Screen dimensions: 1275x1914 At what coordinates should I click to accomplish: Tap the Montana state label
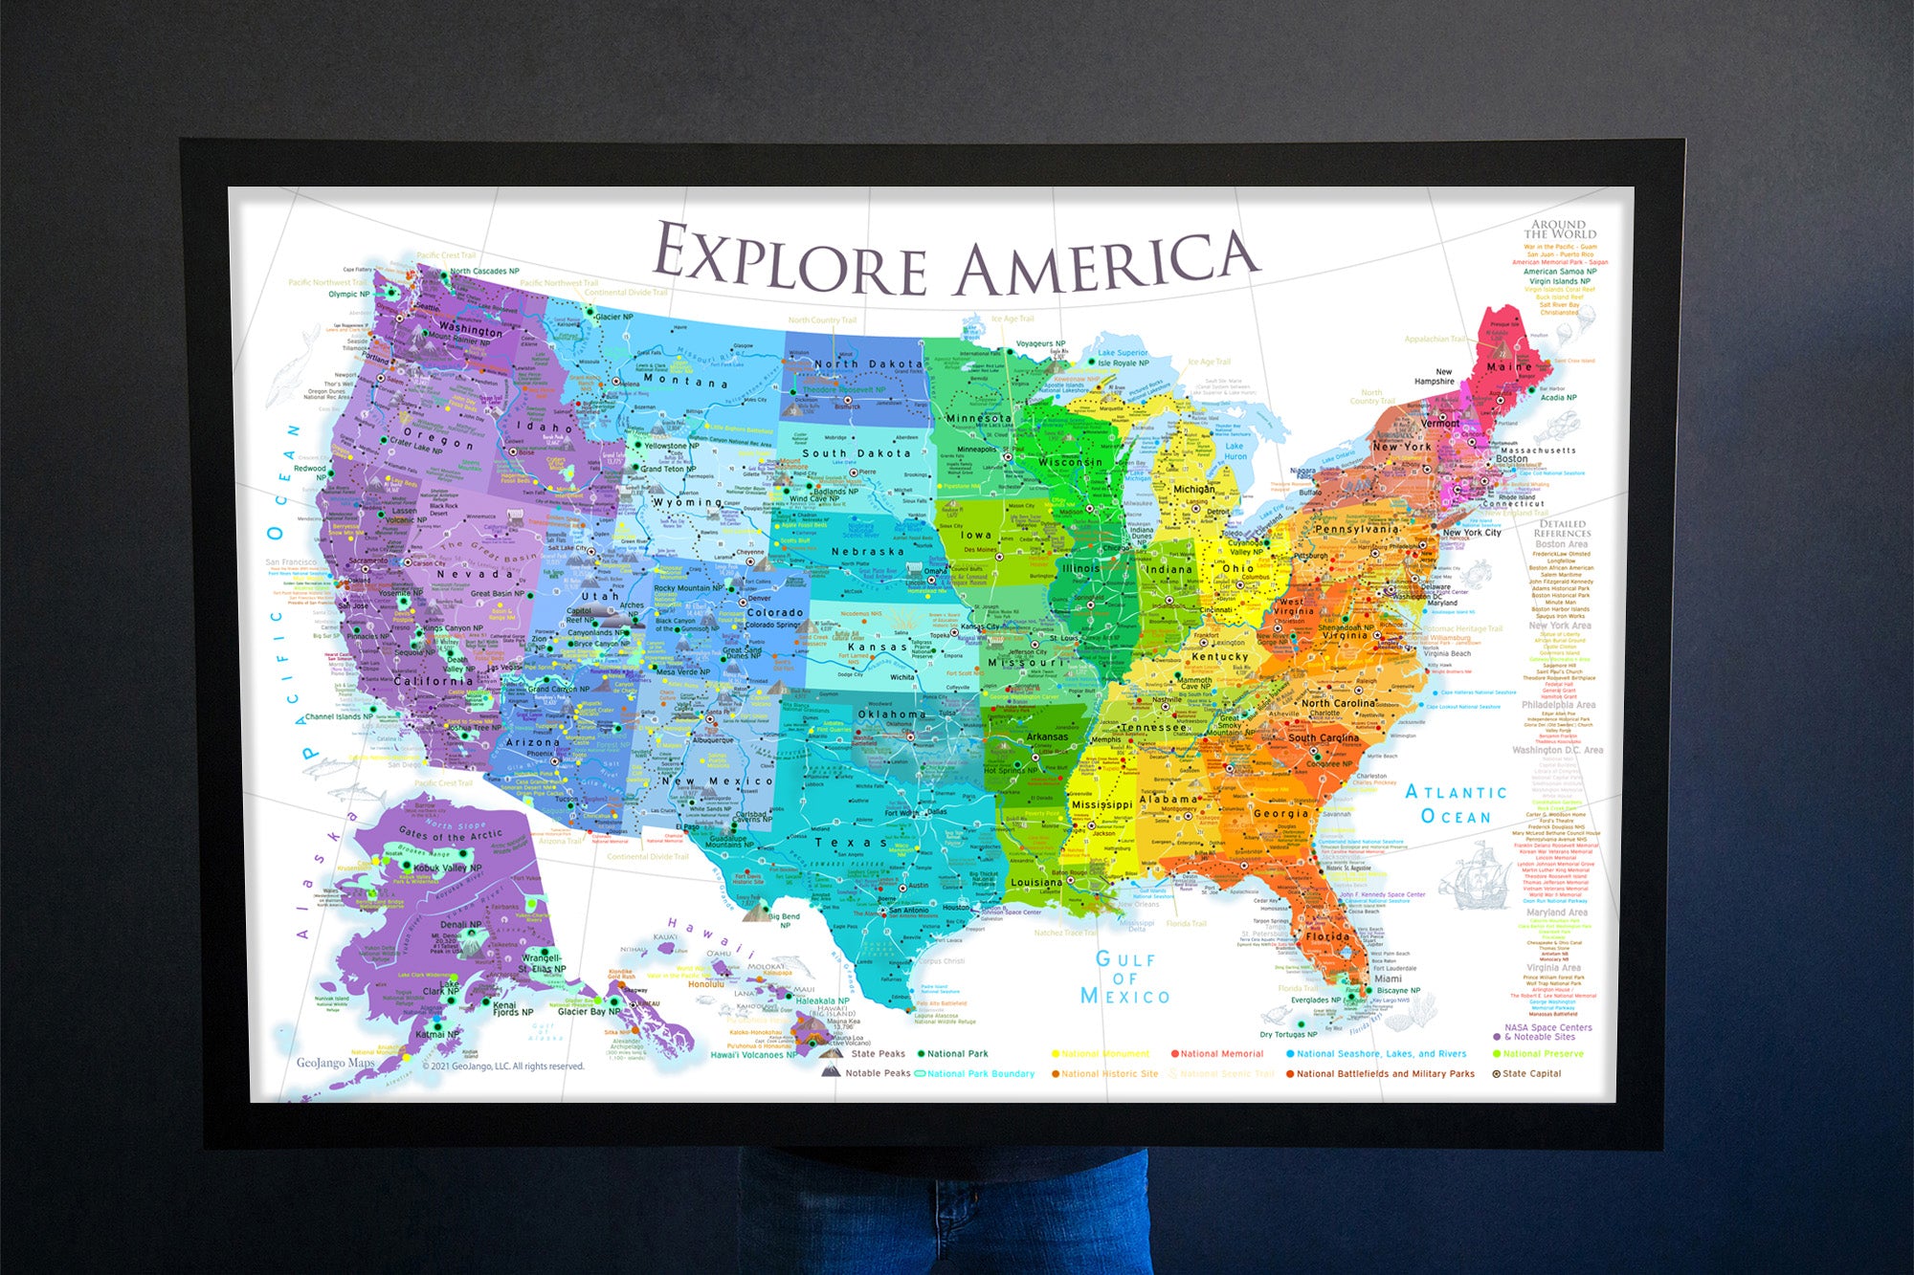(685, 380)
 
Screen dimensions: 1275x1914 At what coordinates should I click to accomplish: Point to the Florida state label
(1327, 936)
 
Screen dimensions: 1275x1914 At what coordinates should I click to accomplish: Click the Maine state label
(1508, 366)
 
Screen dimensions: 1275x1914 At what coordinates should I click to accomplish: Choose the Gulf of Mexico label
(1124, 978)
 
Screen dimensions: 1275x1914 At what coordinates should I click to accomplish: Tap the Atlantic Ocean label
(1456, 804)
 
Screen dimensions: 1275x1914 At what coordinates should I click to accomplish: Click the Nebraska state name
(867, 552)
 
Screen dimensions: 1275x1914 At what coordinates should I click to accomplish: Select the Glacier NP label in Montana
(613, 317)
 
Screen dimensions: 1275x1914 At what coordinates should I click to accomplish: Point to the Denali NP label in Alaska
(460, 925)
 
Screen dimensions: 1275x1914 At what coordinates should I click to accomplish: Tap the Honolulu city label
(705, 983)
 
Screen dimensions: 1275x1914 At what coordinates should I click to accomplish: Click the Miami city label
(1388, 978)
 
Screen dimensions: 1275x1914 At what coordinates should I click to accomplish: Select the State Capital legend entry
(1531, 1073)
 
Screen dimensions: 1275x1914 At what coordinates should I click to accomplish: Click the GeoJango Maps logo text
(335, 1063)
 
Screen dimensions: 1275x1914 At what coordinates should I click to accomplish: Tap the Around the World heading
(1560, 230)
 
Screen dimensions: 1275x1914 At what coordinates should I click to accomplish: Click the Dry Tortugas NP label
(1288, 1034)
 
